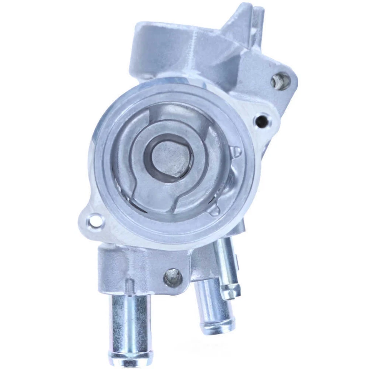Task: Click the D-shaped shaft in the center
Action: tap(171, 156)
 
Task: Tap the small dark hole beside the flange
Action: tap(263, 120)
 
